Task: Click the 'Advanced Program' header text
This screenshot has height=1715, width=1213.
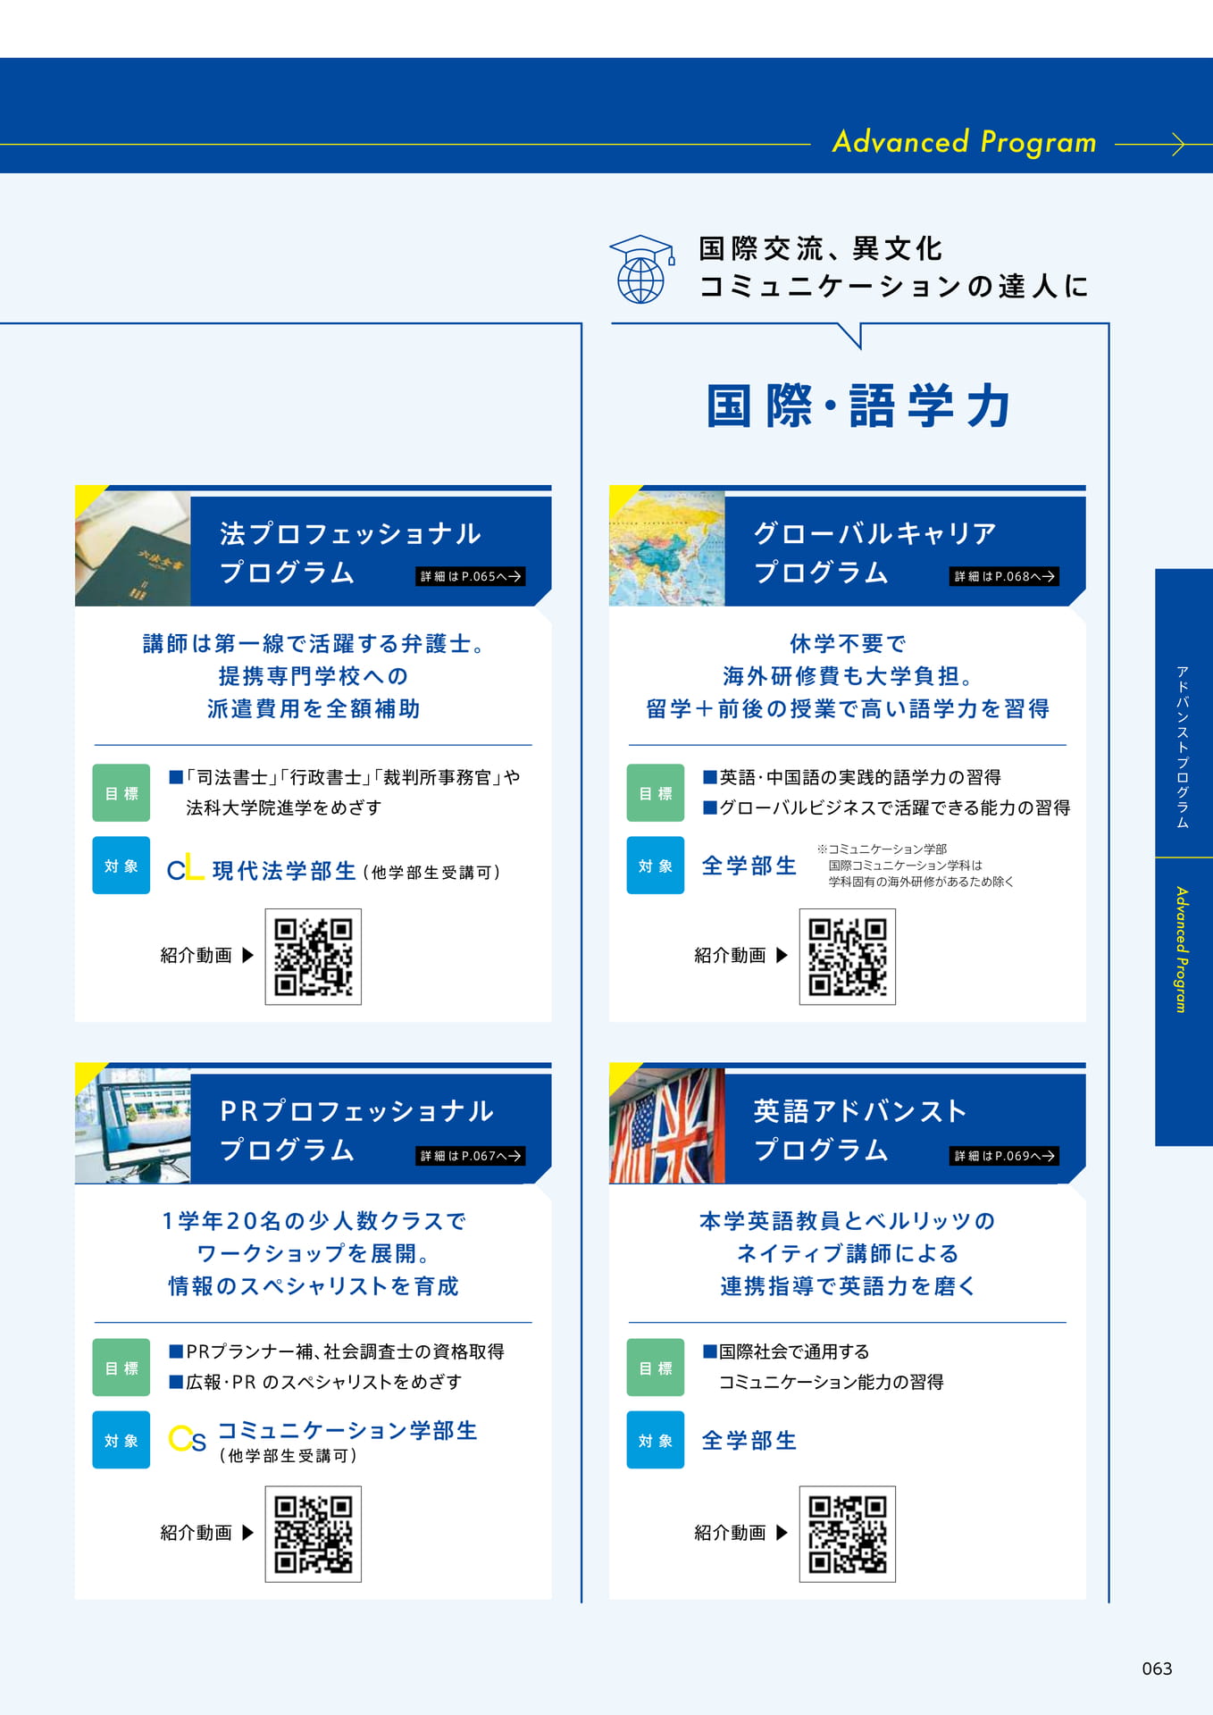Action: pyautogui.click(x=964, y=143)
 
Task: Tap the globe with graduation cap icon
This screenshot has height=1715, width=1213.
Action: pyautogui.click(x=641, y=269)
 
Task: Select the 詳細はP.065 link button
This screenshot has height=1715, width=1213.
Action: pyautogui.click(x=471, y=576)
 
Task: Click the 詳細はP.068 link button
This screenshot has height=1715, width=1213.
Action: pyautogui.click(x=1004, y=576)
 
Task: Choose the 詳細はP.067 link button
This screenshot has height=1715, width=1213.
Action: pyautogui.click(x=471, y=1156)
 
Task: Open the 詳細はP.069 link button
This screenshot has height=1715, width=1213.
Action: pyautogui.click(x=1004, y=1156)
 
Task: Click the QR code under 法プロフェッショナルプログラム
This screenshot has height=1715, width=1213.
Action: pyautogui.click(x=314, y=957)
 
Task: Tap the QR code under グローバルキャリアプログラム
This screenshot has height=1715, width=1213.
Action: pyautogui.click(x=848, y=957)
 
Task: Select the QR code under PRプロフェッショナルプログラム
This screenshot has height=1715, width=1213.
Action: pyautogui.click(x=314, y=1535)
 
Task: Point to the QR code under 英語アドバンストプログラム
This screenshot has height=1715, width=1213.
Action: pyautogui.click(x=848, y=1535)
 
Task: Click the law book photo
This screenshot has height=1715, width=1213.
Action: pyautogui.click(x=133, y=548)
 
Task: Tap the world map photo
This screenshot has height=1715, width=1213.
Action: pyautogui.click(x=667, y=548)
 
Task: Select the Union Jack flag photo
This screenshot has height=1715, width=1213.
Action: pyautogui.click(x=667, y=1125)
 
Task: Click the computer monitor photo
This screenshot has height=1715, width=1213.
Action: pyautogui.click(x=133, y=1125)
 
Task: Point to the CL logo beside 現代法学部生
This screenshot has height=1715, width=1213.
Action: pyautogui.click(x=186, y=869)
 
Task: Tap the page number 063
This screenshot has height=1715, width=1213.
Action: pyautogui.click(x=1157, y=1669)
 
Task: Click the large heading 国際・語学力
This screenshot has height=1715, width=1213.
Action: pyautogui.click(x=858, y=406)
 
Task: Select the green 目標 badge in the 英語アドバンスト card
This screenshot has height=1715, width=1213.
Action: pyautogui.click(x=656, y=1368)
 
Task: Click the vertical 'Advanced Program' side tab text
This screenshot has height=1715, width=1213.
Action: pyautogui.click(x=1182, y=950)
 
